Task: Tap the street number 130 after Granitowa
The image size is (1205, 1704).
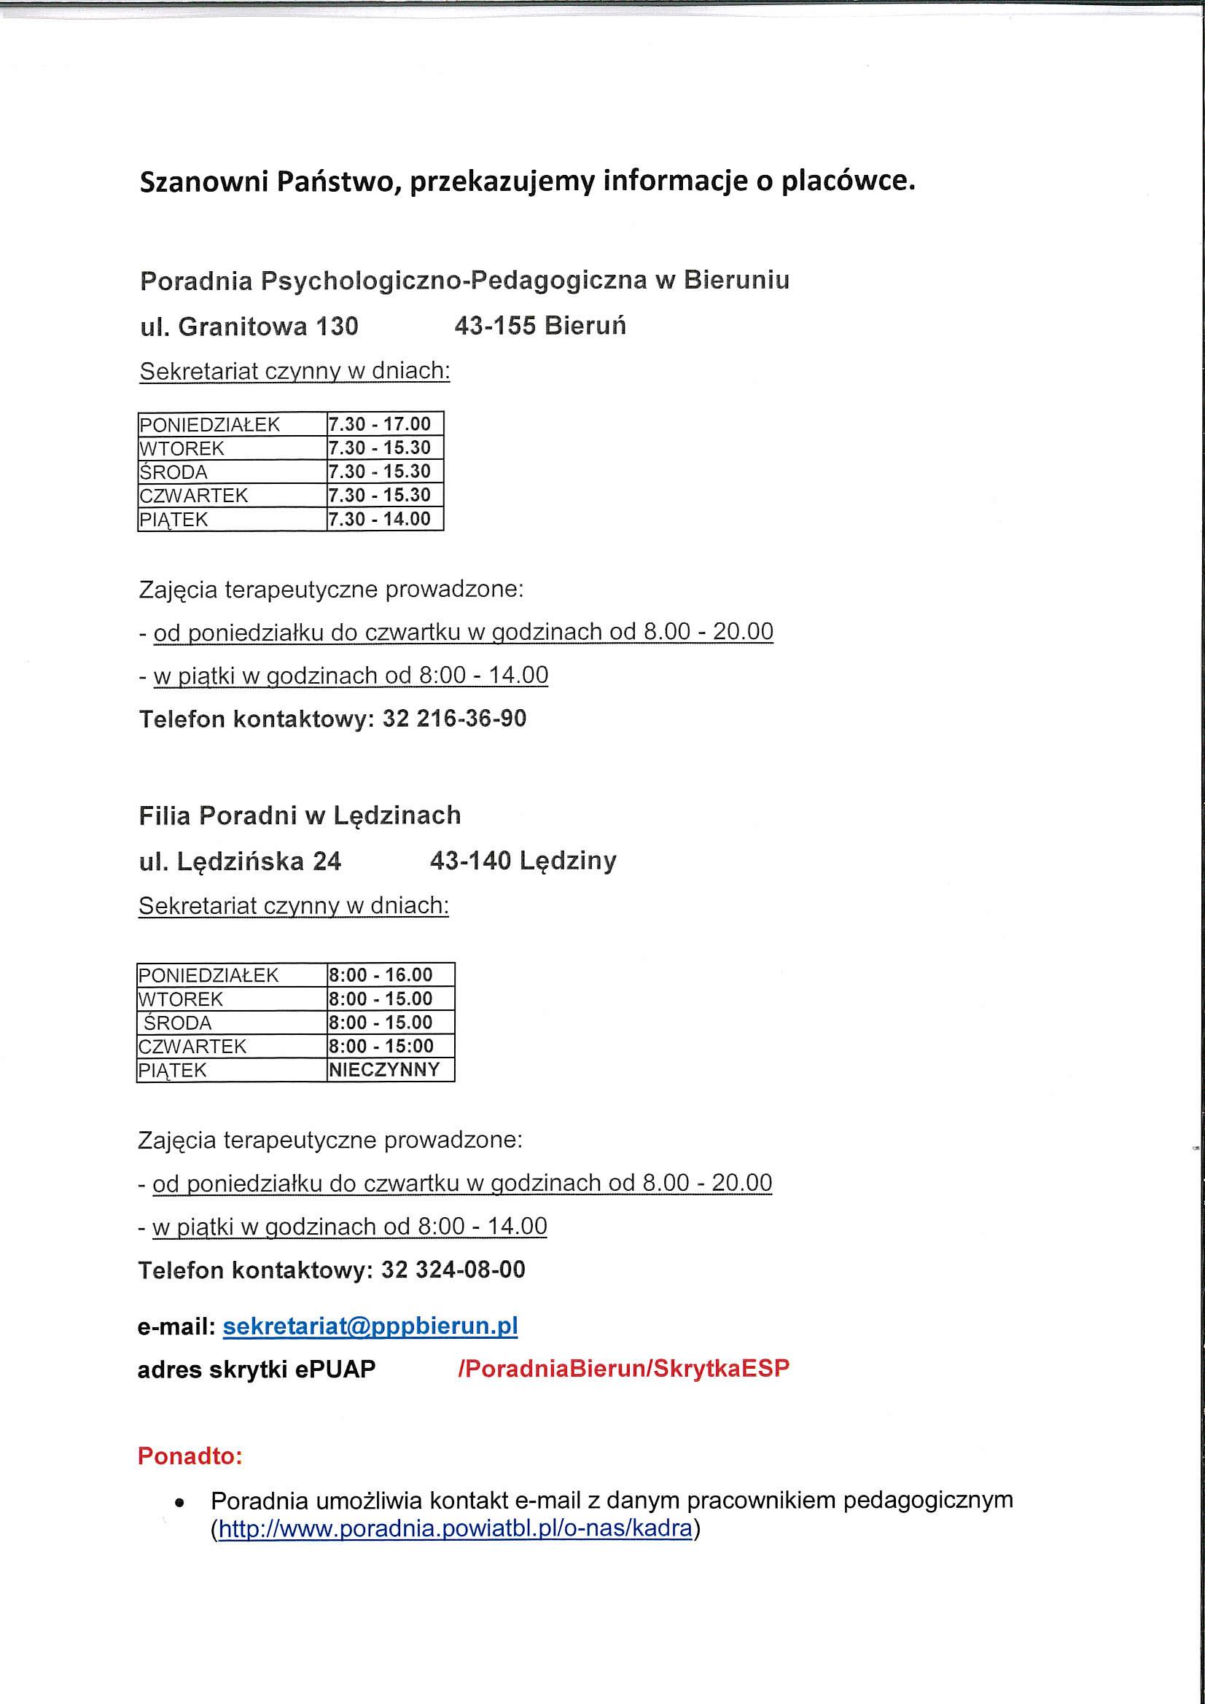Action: click(337, 327)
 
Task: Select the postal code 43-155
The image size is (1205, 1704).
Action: click(494, 326)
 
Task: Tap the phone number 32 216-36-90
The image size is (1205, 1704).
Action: click(454, 719)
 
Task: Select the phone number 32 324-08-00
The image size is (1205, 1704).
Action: click(453, 1269)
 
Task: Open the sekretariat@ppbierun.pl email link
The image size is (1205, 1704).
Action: click(370, 1326)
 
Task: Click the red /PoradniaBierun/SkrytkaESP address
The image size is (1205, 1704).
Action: click(624, 1369)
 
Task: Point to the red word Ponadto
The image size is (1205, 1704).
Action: click(190, 1456)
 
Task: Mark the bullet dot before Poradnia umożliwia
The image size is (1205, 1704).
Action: click(178, 1504)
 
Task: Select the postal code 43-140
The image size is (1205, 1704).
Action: click(470, 861)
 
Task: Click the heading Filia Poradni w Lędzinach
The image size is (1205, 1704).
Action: click(299, 816)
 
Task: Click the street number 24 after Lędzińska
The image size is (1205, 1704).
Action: click(327, 861)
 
